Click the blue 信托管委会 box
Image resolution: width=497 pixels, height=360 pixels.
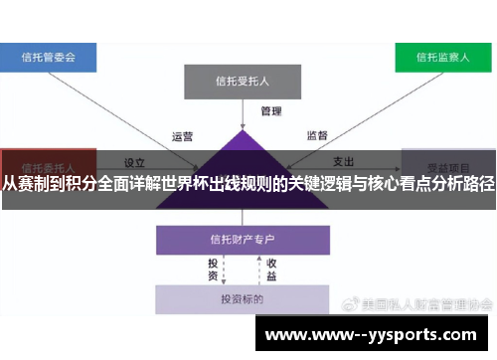coord(49,57)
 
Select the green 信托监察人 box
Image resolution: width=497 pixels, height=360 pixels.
coord(444,57)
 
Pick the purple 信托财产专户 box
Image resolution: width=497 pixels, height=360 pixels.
coord(243,240)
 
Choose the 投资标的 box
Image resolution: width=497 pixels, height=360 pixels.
coord(243,298)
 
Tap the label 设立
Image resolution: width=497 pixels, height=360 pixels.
coord(135,162)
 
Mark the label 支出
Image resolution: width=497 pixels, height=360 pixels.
coord(344,162)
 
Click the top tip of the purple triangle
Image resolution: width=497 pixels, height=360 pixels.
coord(243,129)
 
